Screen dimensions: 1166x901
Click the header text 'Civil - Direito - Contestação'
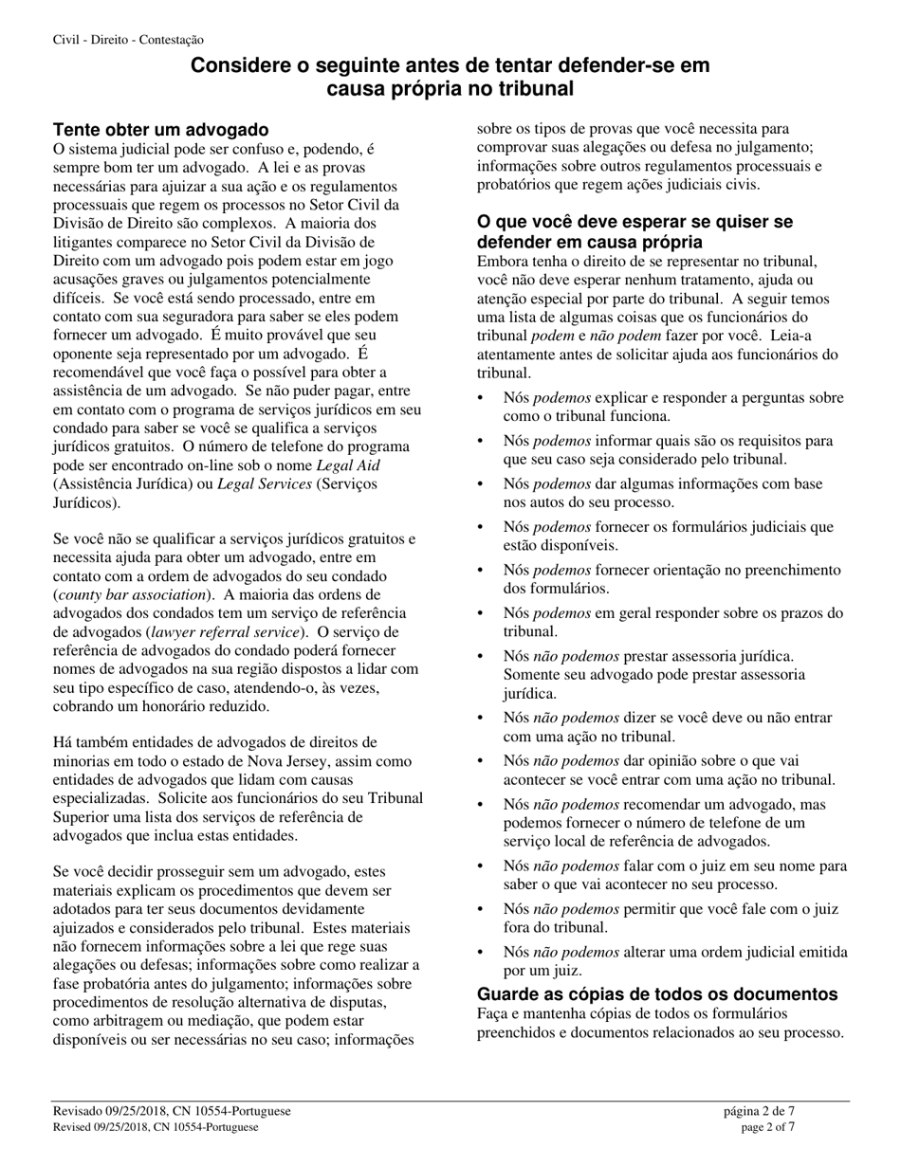128,40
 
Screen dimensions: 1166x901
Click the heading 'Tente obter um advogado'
160,129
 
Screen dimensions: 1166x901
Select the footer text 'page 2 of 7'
767,1127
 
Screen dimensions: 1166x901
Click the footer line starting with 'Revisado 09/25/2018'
172,1111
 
